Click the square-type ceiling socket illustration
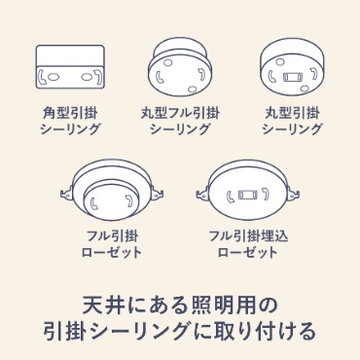pos(69,67)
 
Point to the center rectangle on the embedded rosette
pos(248,195)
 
